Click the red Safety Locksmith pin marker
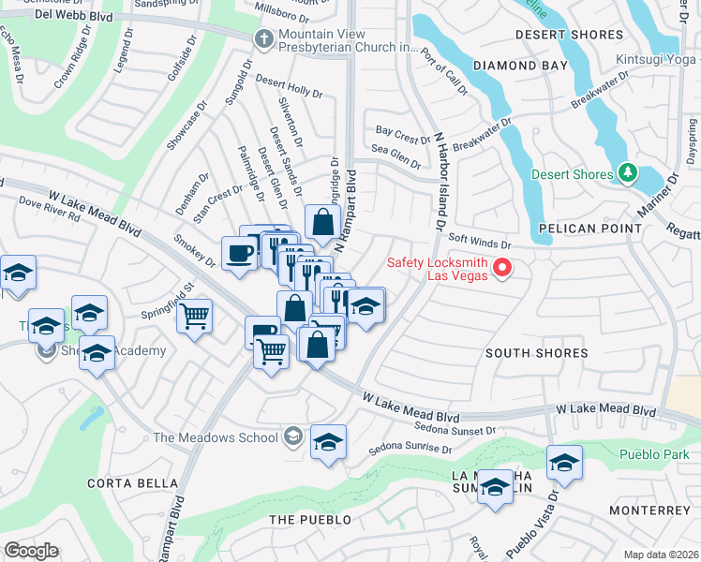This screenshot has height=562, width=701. [502, 269]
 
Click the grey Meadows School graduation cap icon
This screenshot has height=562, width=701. [293, 436]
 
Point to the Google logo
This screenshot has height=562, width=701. [31, 551]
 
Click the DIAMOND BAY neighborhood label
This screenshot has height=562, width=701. [520, 66]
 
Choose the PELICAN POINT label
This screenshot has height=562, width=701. [590, 229]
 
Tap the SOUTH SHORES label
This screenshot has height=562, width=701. [537, 353]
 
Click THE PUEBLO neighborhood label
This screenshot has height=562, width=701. [310, 519]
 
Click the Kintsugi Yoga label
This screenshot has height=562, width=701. [657, 60]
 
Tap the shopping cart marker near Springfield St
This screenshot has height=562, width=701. [195, 318]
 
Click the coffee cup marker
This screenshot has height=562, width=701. [240, 253]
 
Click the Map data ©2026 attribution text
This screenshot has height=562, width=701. [661, 555]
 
